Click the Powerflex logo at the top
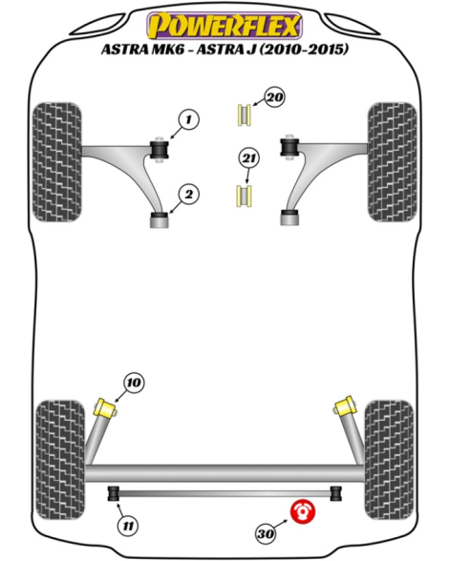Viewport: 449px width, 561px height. tap(224, 25)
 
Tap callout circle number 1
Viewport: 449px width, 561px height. tap(188, 119)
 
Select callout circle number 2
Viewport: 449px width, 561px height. tap(188, 195)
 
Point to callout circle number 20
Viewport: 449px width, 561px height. tap(275, 97)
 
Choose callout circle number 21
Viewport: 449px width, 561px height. tap(248, 158)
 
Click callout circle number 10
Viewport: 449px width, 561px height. tap(134, 384)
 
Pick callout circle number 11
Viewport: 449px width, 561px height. tap(128, 526)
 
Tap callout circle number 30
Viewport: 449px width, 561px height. tap(266, 534)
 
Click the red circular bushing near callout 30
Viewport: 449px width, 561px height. tap(303, 511)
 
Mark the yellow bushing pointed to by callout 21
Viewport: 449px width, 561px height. tap(244, 197)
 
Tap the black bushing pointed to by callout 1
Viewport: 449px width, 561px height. tap(159, 150)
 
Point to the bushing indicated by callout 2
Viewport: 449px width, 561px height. tap(159, 220)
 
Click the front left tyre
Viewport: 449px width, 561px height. tap(57, 162)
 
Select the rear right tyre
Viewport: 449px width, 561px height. tap(389, 460)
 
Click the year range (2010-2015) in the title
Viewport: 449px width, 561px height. tap(304, 49)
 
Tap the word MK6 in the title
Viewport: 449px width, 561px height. tap(168, 50)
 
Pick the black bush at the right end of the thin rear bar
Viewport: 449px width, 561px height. tap(335, 494)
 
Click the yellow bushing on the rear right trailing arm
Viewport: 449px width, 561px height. tap(344, 406)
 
